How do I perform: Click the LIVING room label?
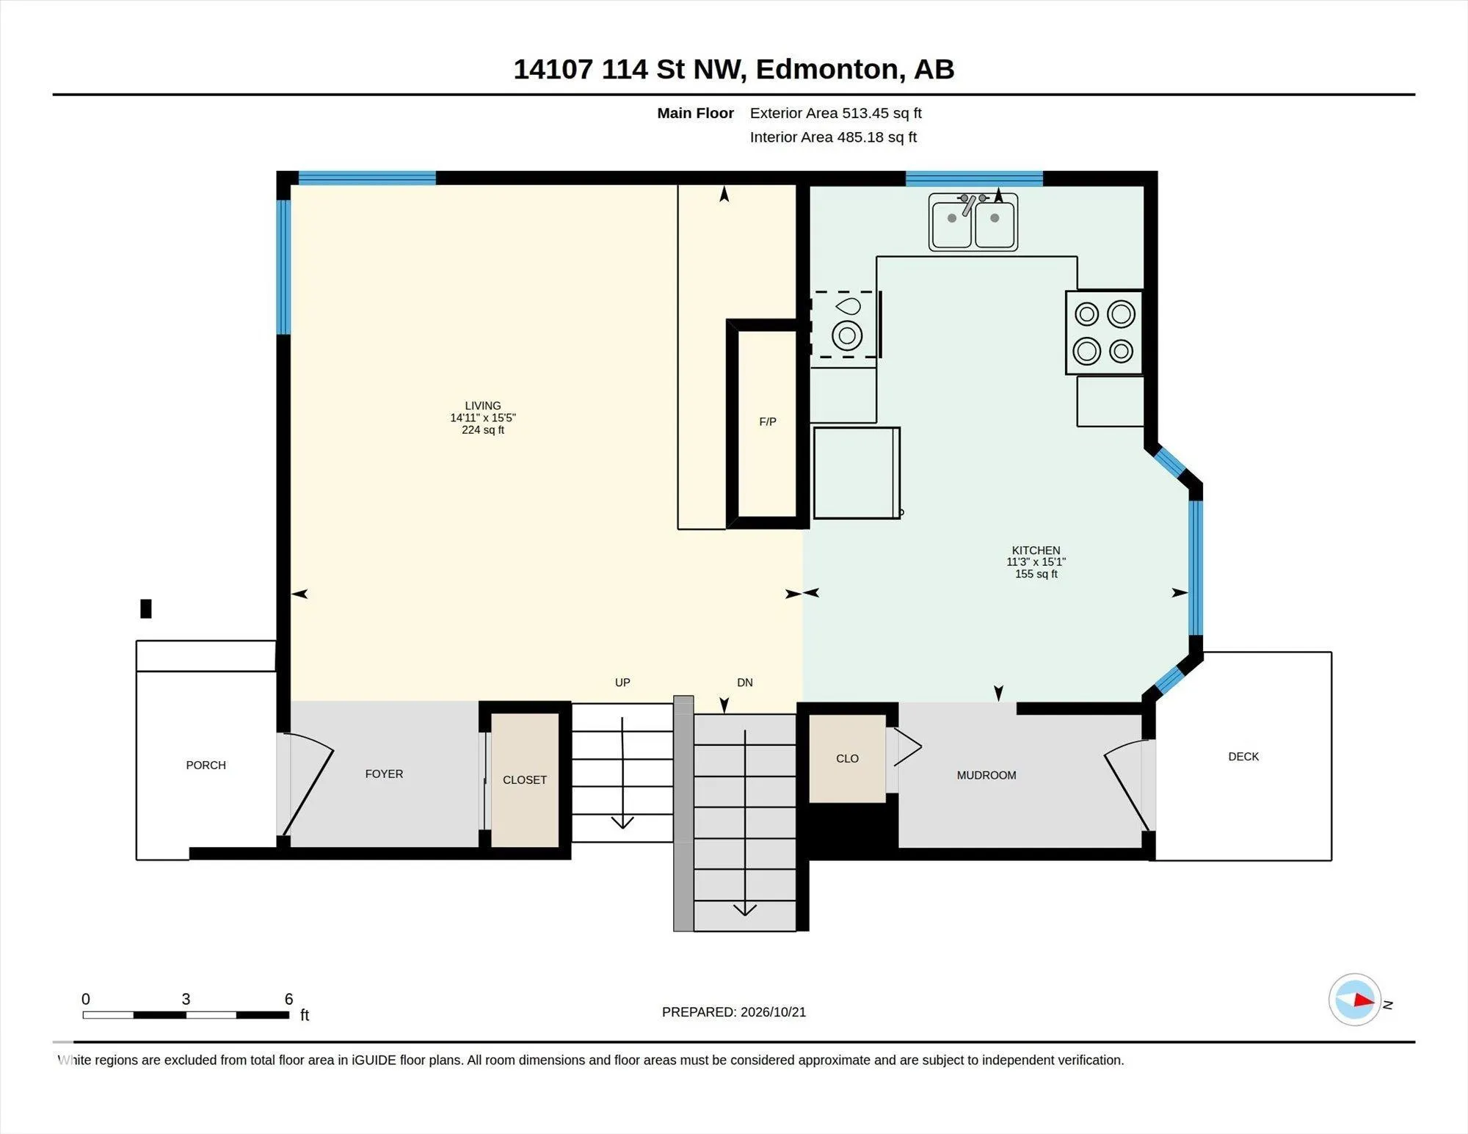(483, 405)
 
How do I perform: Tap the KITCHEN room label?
(1036, 550)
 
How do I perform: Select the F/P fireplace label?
(768, 421)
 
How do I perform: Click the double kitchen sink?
(973, 222)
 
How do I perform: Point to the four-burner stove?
(1104, 332)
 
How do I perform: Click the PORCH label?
(206, 765)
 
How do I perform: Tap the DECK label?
(1243, 756)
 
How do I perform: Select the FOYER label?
(384, 774)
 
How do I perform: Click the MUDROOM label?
(986, 775)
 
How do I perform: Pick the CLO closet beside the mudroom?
(847, 758)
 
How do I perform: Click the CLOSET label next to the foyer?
(525, 779)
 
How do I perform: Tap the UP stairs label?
(622, 682)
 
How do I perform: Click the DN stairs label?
(745, 682)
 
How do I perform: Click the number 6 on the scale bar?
(289, 999)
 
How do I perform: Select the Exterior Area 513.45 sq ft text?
(835, 113)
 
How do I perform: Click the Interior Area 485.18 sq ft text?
(833, 137)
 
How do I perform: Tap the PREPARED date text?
(734, 1012)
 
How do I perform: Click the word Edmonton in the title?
(827, 69)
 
